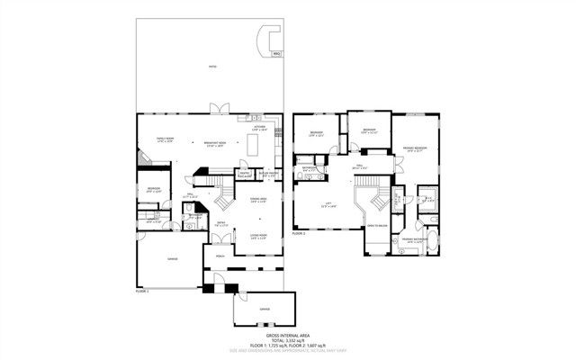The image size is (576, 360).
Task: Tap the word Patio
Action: [x=212, y=67]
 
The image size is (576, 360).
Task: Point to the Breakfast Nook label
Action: [x=214, y=146]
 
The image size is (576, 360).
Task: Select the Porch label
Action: [x=221, y=254]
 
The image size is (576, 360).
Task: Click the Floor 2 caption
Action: [x=299, y=232]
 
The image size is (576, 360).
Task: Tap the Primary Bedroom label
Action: [x=414, y=148]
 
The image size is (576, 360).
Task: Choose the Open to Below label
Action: [x=376, y=226]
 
